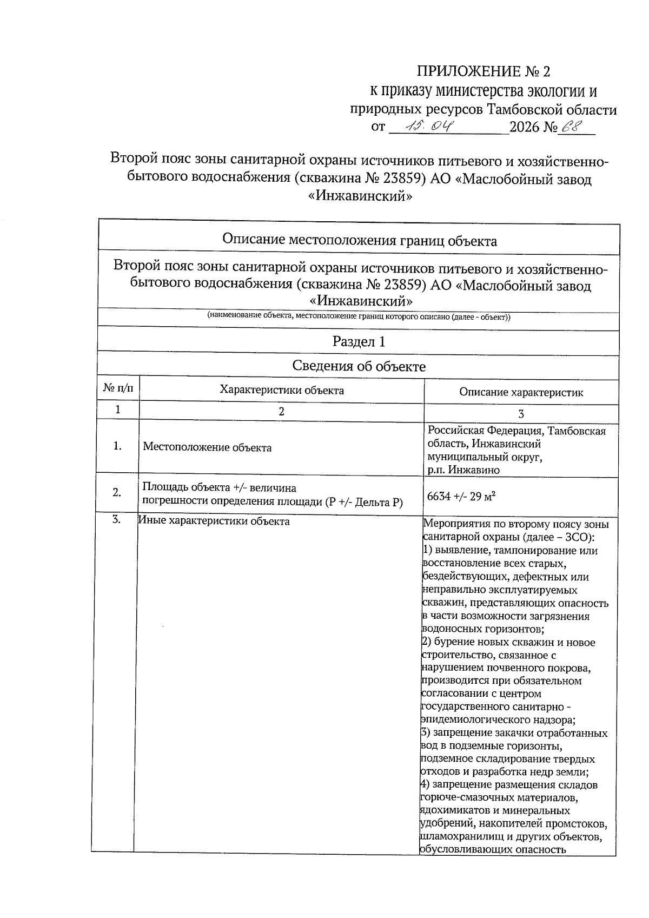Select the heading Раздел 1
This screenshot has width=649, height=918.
point(359,342)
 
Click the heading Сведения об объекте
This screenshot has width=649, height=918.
point(359,366)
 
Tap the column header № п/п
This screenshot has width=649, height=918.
point(118,388)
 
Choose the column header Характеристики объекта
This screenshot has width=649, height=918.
point(281,390)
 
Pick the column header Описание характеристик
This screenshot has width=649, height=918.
point(521,393)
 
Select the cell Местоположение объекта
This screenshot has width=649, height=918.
point(207,448)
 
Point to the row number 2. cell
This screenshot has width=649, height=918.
point(117,492)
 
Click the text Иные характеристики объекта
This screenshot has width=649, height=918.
point(214,521)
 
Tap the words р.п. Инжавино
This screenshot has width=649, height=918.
point(463,470)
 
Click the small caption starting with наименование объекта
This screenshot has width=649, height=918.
point(359,317)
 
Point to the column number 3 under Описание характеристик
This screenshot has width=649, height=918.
point(521,414)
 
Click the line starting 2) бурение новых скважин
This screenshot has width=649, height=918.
point(508,643)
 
